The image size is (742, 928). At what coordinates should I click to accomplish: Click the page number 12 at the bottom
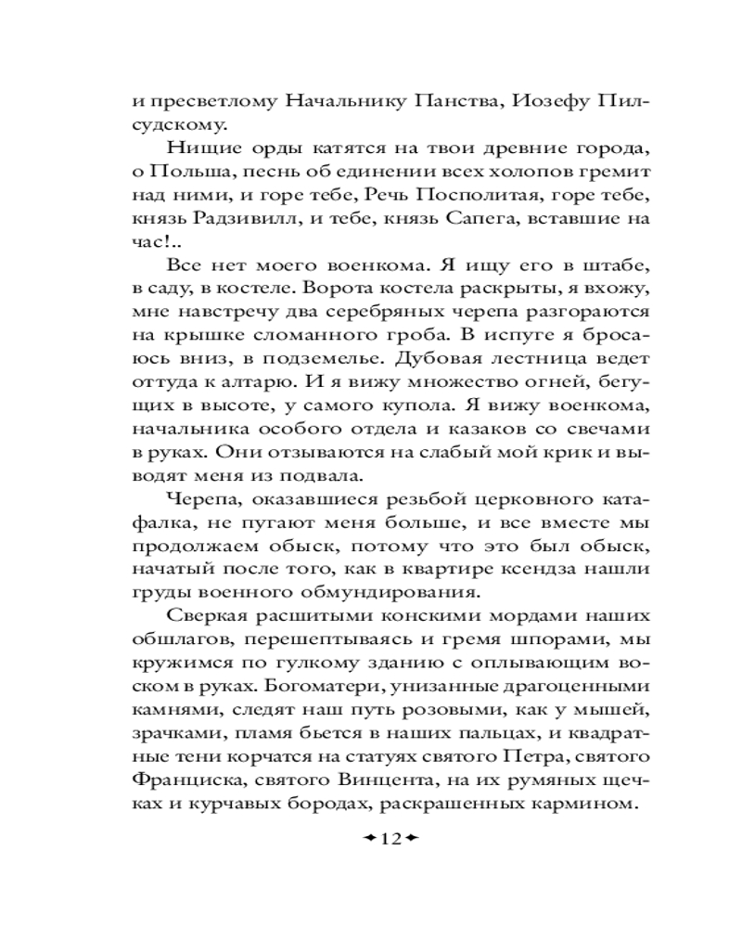point(390,839)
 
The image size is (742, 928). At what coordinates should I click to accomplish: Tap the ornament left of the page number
point(369,839)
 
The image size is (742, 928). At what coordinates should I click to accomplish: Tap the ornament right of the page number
point(411,839)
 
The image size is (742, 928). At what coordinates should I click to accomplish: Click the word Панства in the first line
point(442,99)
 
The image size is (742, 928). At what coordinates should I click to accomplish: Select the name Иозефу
point(530,99)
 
